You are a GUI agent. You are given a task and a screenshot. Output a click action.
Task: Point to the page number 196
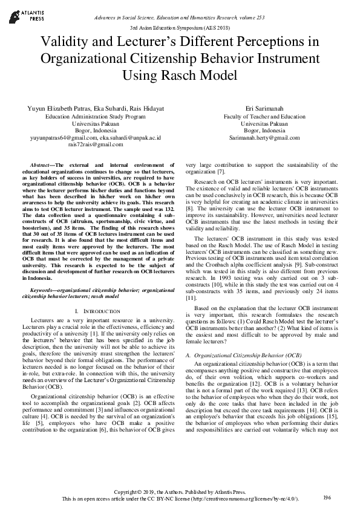(327, 498)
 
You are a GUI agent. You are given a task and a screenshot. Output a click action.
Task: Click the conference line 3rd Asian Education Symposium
(180, 28)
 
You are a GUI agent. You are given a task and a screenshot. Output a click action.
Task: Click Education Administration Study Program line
(96, 116)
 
